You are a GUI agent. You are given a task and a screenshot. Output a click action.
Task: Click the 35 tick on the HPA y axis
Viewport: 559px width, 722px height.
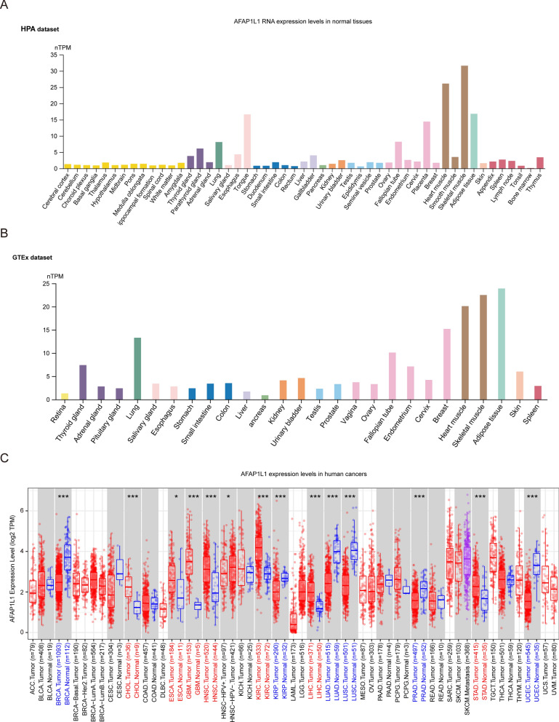(52, 55)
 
